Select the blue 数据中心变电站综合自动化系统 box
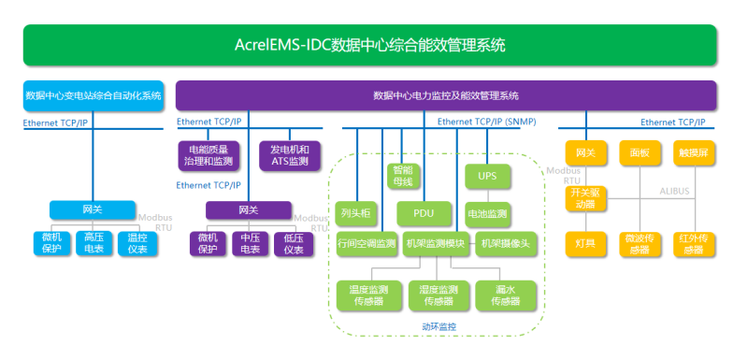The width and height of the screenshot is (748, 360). coord(93,95)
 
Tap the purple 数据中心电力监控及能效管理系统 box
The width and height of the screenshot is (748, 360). coord(445,95)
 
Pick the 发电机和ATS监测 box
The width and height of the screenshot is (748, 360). coord(289,155)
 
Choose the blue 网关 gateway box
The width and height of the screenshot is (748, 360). coord(93,209)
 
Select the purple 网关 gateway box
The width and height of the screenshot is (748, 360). coord(248,209)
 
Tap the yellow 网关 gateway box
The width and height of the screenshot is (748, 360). coord(586,151)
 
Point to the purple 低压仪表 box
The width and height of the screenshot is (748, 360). coord(293,243)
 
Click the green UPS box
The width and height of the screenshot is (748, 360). coord(487,176)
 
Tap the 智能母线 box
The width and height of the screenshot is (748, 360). coord(403,176)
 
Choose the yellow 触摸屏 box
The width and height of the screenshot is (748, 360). coord(693,151)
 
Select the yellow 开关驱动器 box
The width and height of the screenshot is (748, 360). coord(586,197)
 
